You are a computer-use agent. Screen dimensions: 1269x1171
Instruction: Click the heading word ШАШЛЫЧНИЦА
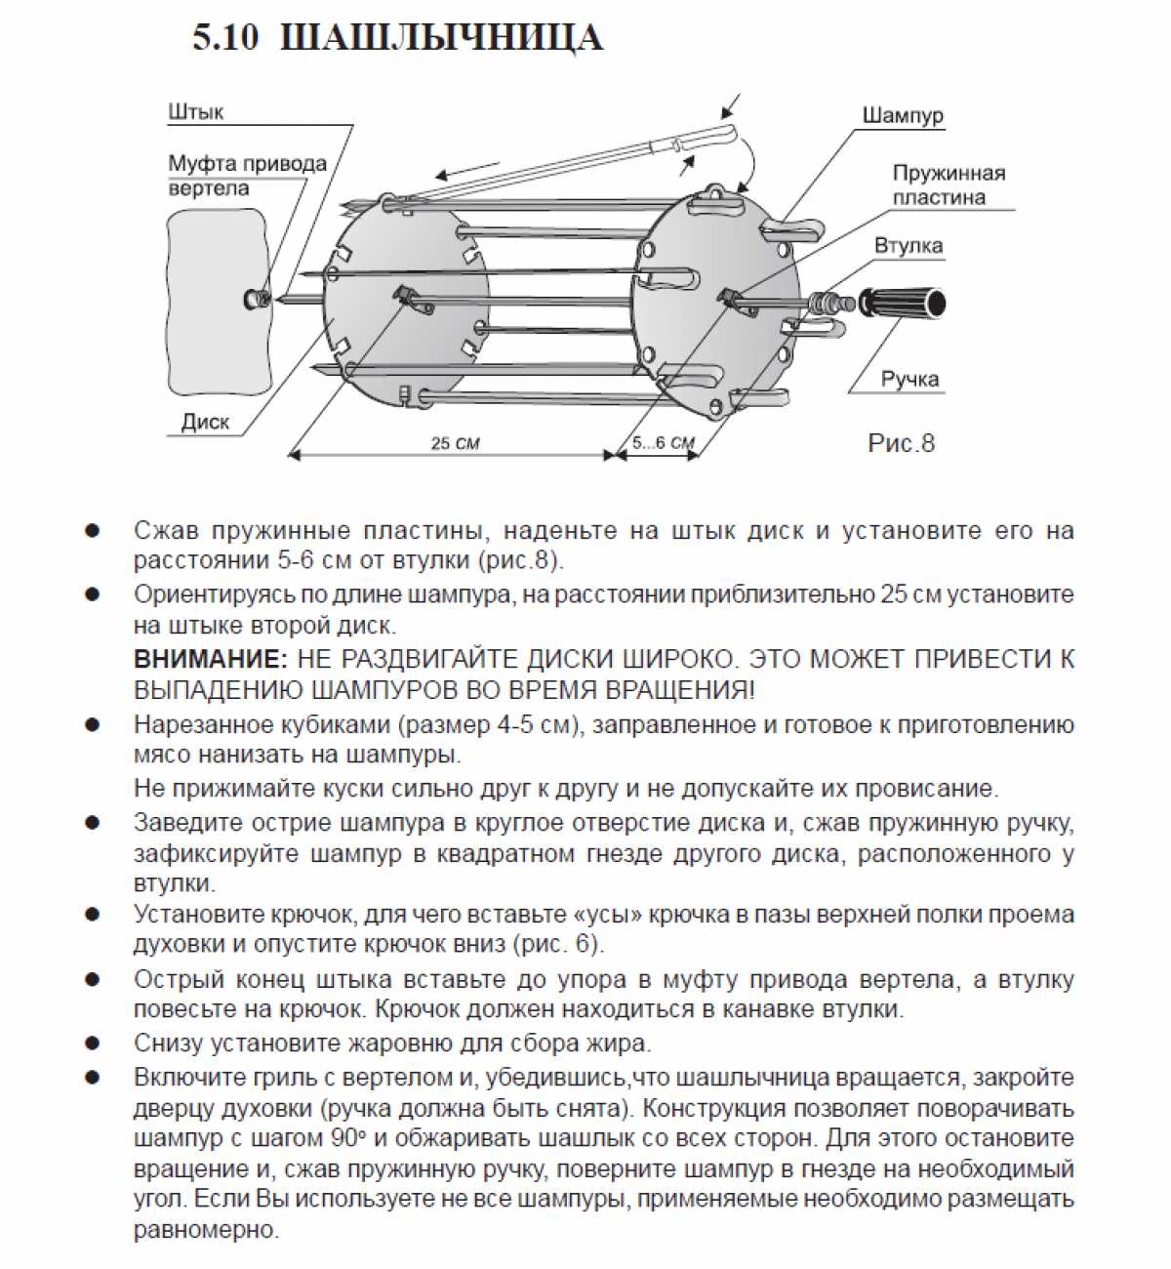point(441,38)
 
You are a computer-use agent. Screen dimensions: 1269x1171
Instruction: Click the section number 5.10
point(225,38)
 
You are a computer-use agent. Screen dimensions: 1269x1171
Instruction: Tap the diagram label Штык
point(195,112)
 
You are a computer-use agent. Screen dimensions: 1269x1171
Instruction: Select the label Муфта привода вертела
point(247,176)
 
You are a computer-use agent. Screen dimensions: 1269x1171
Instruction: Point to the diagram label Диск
point(205,422)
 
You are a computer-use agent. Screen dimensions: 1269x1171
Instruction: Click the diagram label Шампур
point(903,115)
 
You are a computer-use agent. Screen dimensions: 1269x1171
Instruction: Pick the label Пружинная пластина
point(949,185)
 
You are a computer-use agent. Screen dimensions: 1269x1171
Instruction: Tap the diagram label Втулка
point(909,245)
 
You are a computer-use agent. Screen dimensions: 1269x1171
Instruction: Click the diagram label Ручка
point(909,379)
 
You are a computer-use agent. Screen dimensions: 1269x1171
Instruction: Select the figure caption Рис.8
point(901,443)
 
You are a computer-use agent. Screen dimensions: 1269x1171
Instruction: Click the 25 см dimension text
point(455,443)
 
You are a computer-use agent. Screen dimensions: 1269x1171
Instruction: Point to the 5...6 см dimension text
point(663,443)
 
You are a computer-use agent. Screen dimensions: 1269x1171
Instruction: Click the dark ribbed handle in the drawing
point(903,300)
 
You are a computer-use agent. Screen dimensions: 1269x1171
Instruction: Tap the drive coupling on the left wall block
point(257,299)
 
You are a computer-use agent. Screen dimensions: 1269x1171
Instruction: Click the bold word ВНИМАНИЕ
point(211,659)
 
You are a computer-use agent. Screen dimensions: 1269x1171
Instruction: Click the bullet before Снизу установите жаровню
point(93,1044)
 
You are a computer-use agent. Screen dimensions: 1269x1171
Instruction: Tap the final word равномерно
point(206,1230)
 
